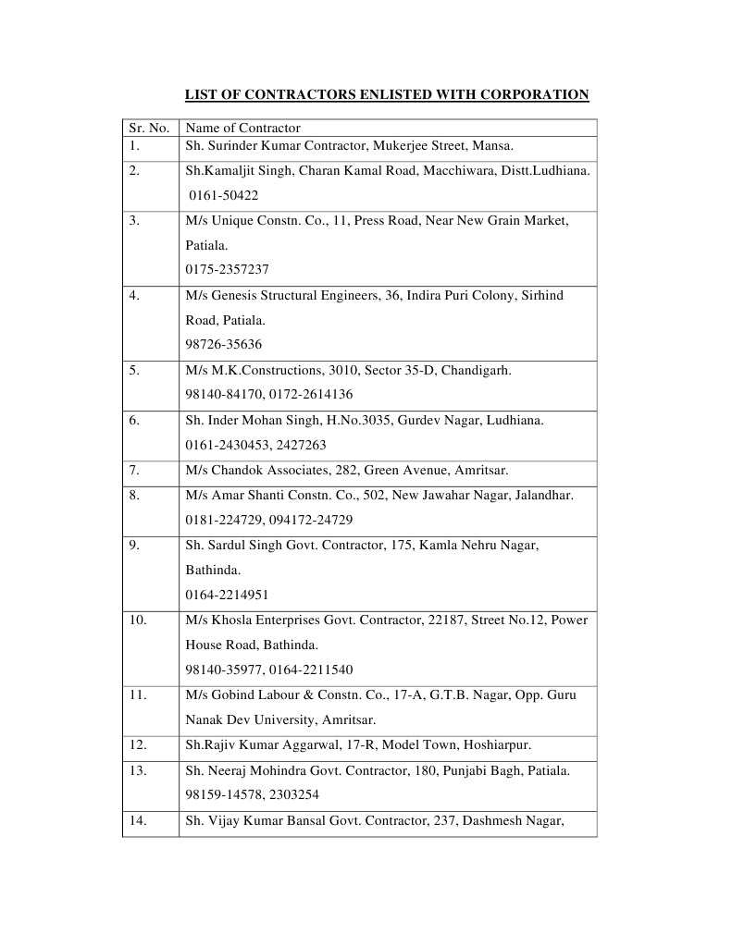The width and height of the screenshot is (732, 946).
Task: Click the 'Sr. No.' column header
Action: [x=148, y=128]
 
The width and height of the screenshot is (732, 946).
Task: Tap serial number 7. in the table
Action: [x=134, y=470]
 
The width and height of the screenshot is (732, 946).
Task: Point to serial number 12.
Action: [x=138, y=744]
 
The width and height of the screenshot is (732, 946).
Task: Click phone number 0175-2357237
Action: [x=227, y=269]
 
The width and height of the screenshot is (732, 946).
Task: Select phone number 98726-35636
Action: [x=223, y=344]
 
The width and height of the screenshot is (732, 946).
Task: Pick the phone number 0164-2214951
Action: [x=227, y=595]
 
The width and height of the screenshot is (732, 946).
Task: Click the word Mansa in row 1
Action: [x=491, y=145]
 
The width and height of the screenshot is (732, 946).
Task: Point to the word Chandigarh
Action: [x=476, y=370]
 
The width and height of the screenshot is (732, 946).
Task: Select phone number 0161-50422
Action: [x=224, y=195]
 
